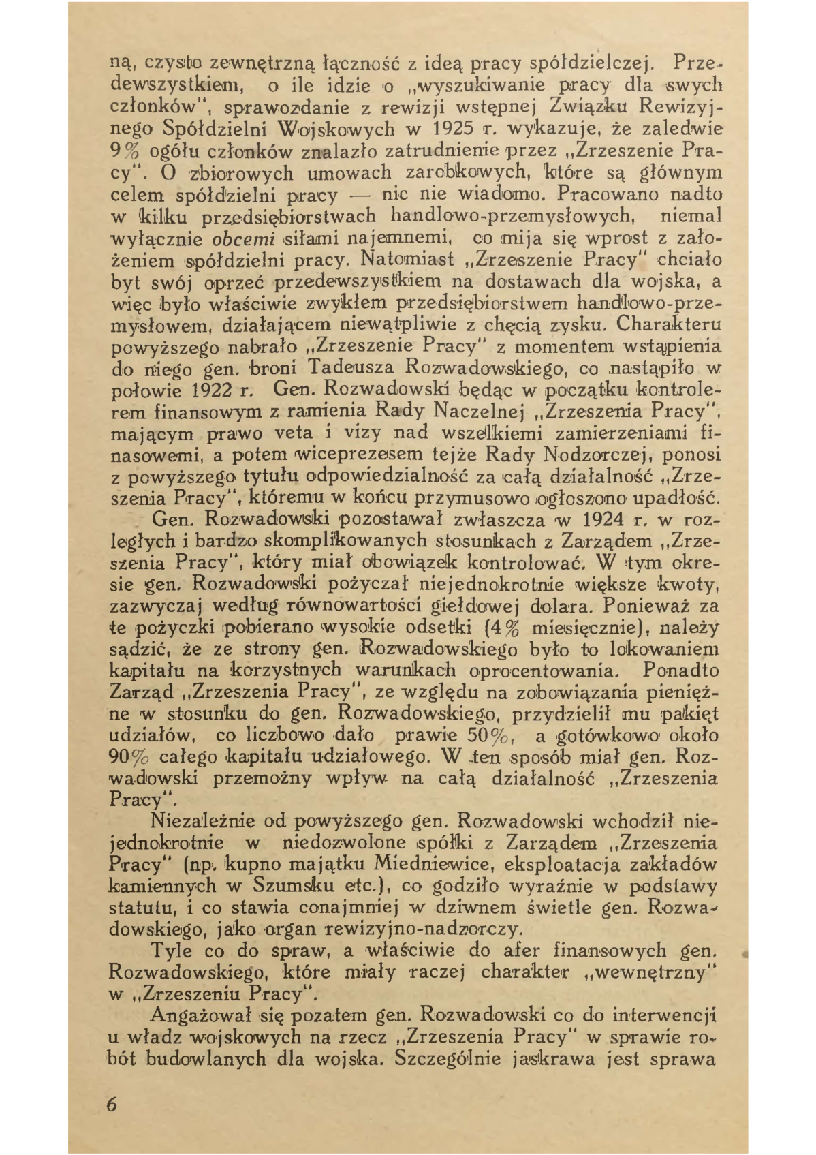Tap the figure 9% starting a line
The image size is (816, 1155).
[125, 151]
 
